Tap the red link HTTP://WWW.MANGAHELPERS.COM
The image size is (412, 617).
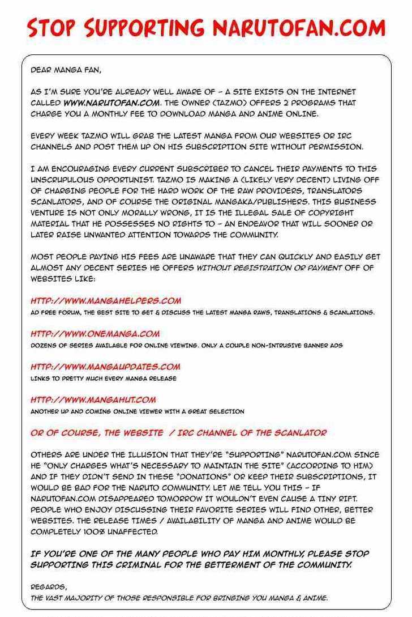coord(106,301)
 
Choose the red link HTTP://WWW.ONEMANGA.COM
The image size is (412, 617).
coord(95,334)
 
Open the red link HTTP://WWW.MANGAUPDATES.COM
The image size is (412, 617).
coord(105,367)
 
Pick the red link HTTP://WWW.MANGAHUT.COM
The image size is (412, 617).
coord(93,399)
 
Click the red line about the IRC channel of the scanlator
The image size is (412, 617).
coord(178,433)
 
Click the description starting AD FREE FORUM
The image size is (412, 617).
coord(202,312)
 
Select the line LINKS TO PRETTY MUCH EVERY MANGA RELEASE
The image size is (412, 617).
coord(104,378)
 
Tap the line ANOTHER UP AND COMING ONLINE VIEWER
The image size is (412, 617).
coord(138,411)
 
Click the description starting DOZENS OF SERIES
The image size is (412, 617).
coord(186,345)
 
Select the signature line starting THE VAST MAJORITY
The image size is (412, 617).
coord(179,597)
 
